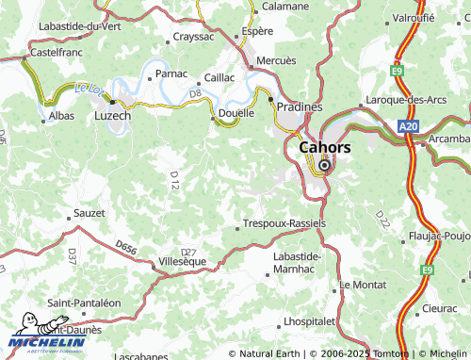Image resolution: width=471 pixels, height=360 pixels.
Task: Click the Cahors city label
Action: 324,147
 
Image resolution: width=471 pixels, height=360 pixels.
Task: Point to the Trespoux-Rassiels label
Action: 284,223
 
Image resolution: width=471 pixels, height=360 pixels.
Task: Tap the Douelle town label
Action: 235,113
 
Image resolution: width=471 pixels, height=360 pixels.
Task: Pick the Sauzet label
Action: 89,213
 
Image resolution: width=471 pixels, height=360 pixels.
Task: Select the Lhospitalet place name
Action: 309,321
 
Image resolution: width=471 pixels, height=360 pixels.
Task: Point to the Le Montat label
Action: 363,284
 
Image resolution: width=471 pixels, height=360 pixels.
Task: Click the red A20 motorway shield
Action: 407,126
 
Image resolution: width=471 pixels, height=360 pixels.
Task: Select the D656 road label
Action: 126,247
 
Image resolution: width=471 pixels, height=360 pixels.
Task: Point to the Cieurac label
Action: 440,308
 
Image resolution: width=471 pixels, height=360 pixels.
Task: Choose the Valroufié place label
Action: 414,17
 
